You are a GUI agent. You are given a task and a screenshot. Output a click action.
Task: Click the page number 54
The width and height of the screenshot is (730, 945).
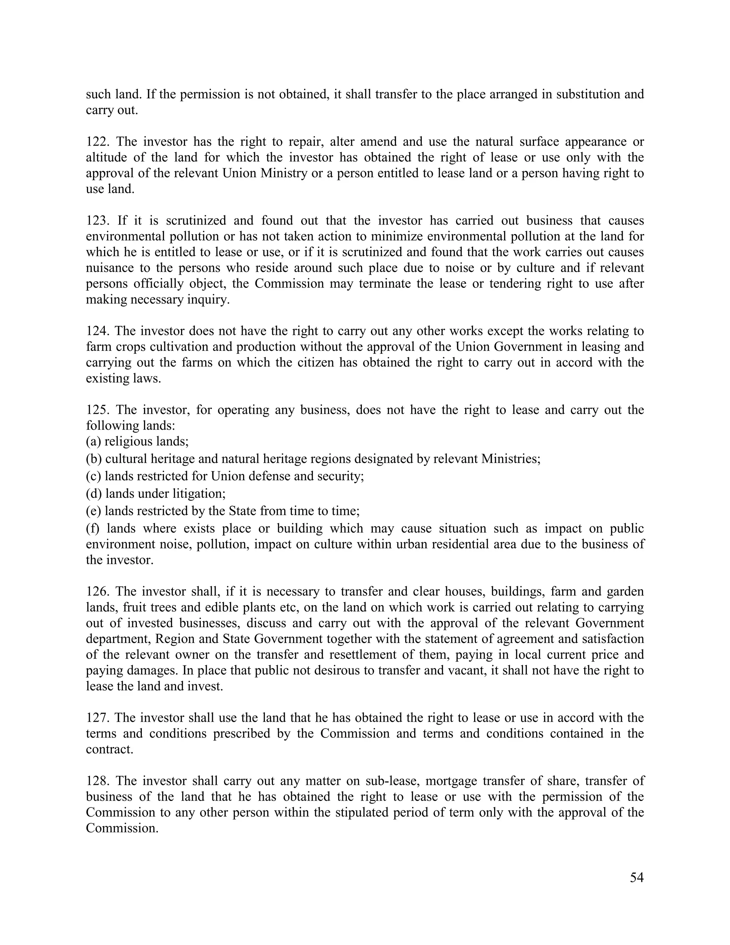pos(637,878)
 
